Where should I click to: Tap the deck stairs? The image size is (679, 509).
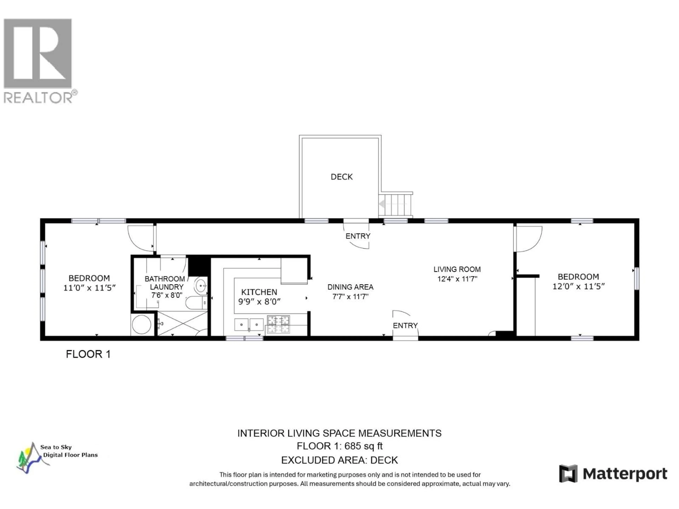(396, 204)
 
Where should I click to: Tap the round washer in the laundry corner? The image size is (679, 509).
(141, 324)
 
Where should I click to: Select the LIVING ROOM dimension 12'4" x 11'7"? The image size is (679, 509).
(457, 279)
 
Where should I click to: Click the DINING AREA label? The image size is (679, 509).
(350, 287)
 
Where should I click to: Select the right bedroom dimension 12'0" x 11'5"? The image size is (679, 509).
(578, 286)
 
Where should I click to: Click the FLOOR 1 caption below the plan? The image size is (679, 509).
(88, 354)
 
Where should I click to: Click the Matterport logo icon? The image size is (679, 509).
(568, 474)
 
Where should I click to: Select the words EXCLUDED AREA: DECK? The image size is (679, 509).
(339, 460)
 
